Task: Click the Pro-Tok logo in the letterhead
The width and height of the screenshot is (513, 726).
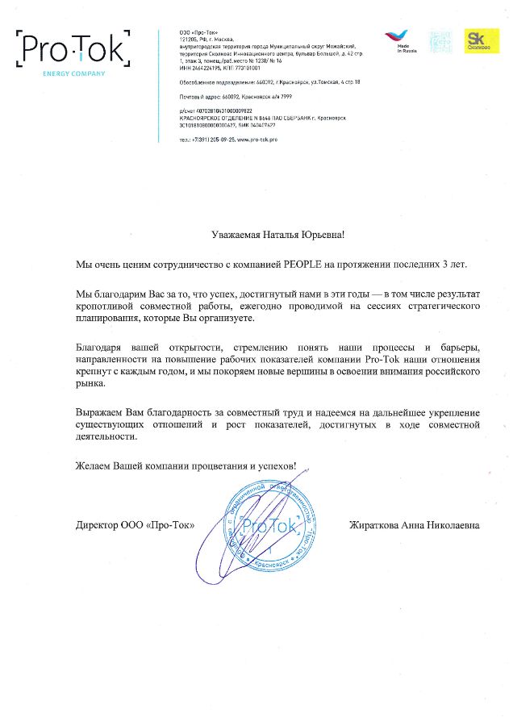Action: click(x=72, y=51)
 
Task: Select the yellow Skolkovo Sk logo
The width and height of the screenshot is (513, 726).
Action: click(x=480, y=41)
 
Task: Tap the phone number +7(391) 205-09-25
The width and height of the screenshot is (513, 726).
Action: click(x=208, y=140)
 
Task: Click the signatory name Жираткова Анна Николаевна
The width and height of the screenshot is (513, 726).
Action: click(x=414, y=525)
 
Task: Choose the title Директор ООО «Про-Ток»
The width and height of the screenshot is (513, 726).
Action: click(x=135, y=525)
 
